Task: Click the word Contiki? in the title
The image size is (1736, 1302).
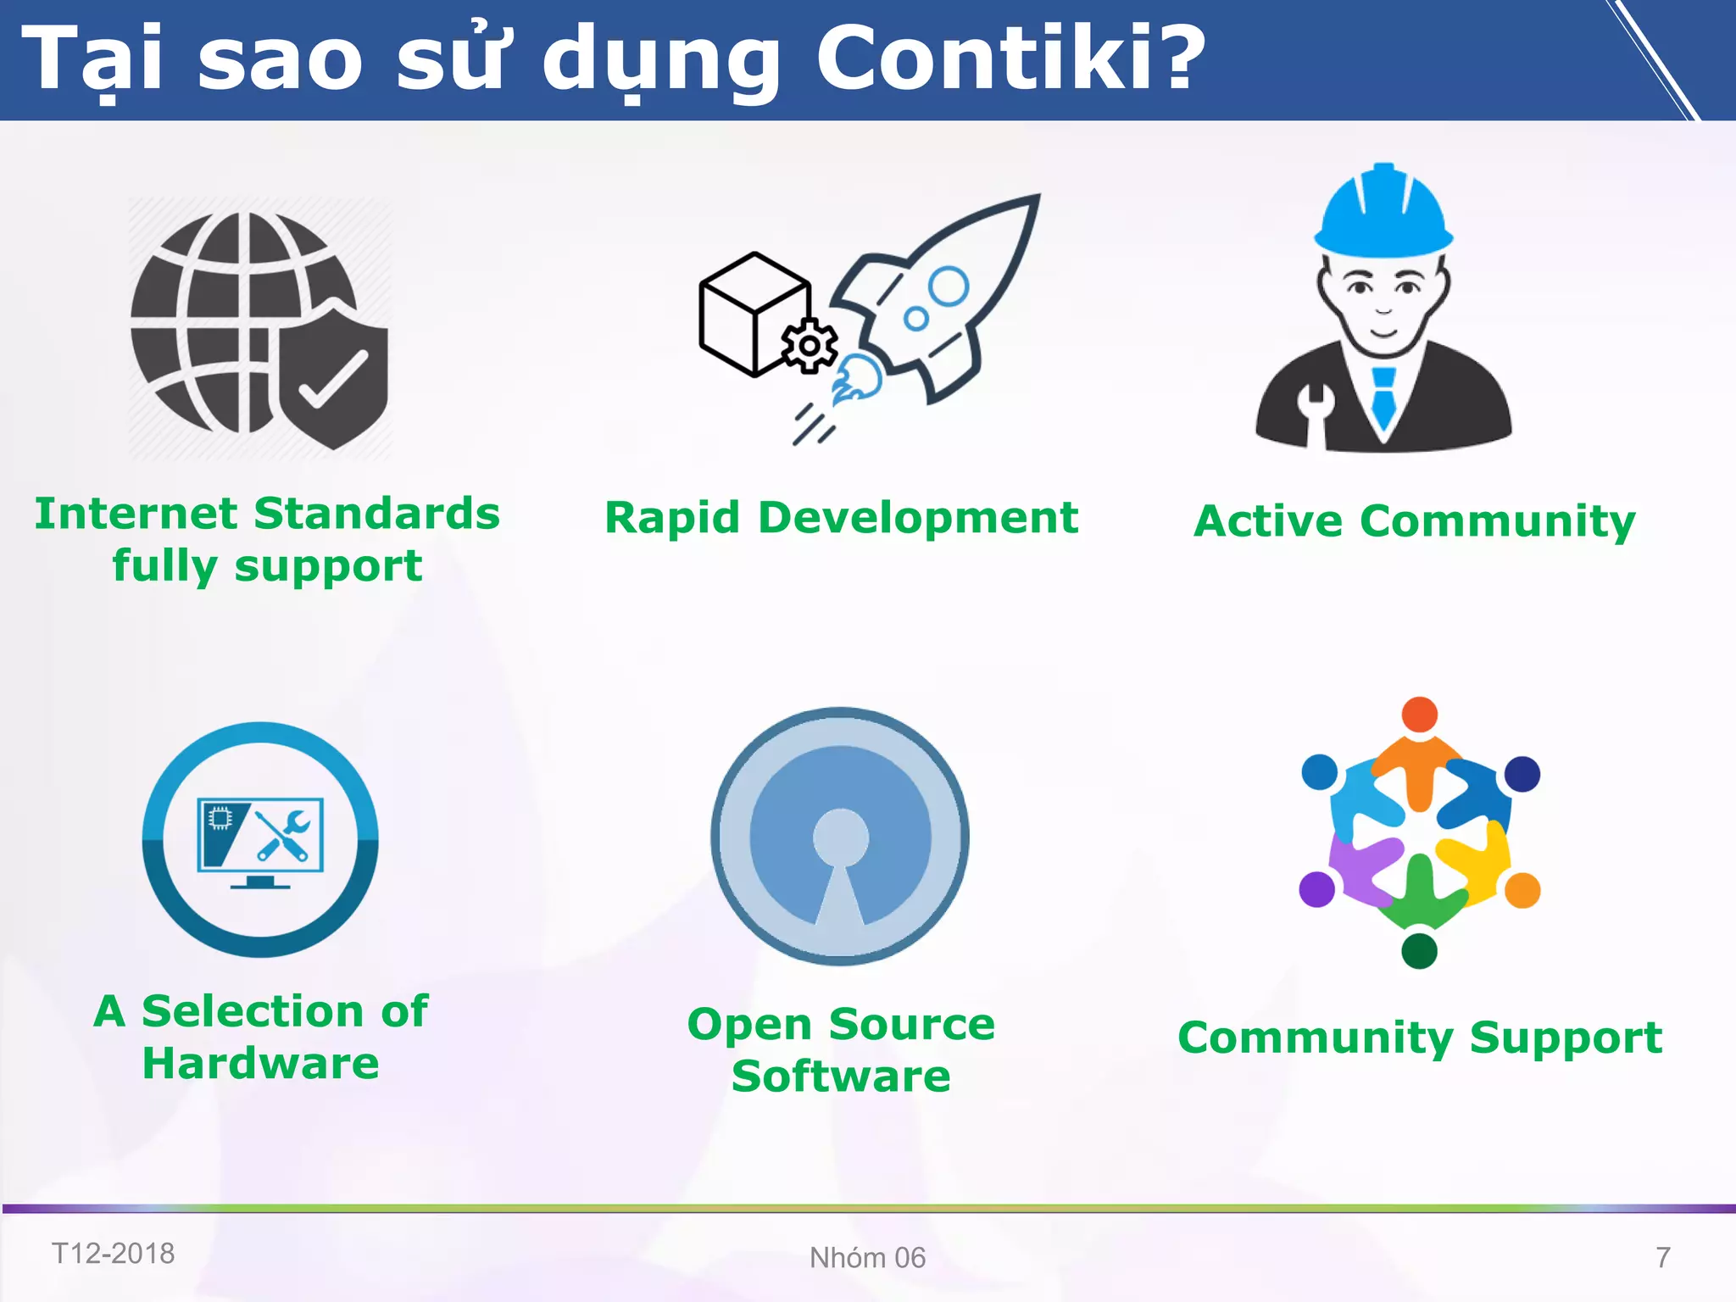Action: [x=1009, y=58]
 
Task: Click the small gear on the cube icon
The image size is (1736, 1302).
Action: [x=810, y=346]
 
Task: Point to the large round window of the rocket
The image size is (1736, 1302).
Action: [x=949, y=287]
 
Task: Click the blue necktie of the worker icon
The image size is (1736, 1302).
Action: [x=1383, y=398]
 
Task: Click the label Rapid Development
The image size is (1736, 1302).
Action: [x=841, y=517]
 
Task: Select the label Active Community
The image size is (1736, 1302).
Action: [x=1414, y=520]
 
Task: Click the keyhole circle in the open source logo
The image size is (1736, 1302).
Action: [x=840, y=837]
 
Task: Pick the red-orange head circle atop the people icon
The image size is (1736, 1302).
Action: [x=1419, y=715]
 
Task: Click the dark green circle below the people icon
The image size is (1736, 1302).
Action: [x=1419, y=951]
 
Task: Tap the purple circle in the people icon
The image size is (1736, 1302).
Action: [x=1316, y=889]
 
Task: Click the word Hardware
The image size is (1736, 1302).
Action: [x=260, y=1063]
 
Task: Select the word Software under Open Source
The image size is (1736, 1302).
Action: [x=841, y=1077]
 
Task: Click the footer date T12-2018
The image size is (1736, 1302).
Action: [x=113, y=1253]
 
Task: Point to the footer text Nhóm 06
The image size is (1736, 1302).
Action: [x=867, y=1257]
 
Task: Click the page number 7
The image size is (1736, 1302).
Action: [x=1662, y=1257]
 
